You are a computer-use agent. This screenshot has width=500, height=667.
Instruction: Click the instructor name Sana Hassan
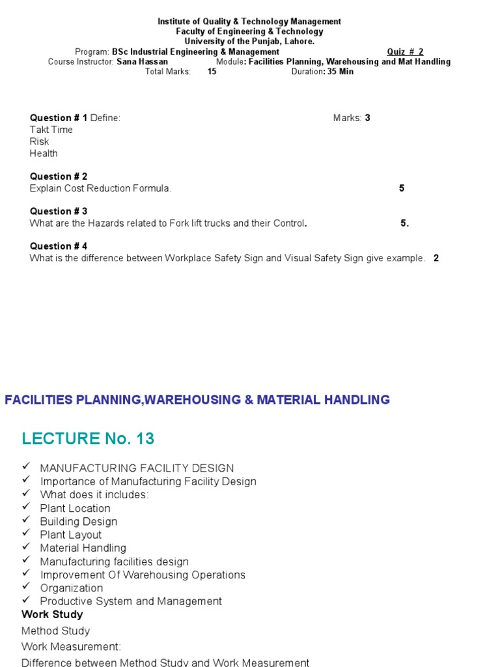tap(142, 62)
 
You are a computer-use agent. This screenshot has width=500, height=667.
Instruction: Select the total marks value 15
tap(212, 72)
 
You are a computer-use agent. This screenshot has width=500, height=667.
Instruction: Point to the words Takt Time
tap(51, 130)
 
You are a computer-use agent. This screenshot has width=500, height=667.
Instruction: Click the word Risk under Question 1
tap(39, 141)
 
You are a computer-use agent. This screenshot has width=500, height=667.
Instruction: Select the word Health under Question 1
tap(44, 154)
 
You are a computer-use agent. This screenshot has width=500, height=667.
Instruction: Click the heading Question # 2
tap(59, 177)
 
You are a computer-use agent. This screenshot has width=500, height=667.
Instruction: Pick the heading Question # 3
tap(59, 211)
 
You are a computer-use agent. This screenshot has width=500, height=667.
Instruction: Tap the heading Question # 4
tap(59, 246)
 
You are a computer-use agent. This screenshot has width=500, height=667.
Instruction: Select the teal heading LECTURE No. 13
tap(88, 438)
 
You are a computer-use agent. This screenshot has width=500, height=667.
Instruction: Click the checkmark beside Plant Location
tap(26, 507)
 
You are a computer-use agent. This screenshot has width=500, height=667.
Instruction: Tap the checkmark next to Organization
tap(26, 587)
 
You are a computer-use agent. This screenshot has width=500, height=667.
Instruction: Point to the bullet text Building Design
tap(79, 522)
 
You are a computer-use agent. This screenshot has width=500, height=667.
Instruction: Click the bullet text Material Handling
tap(83, 548)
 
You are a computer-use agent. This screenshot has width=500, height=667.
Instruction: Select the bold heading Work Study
tap(52, 614)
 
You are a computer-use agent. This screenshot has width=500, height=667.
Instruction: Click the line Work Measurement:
tap(71, 647)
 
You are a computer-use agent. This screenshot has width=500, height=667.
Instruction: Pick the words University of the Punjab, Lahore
tap(249, 42)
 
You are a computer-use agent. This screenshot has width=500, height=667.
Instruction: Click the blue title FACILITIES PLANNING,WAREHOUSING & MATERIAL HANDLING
tap(197, 400)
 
